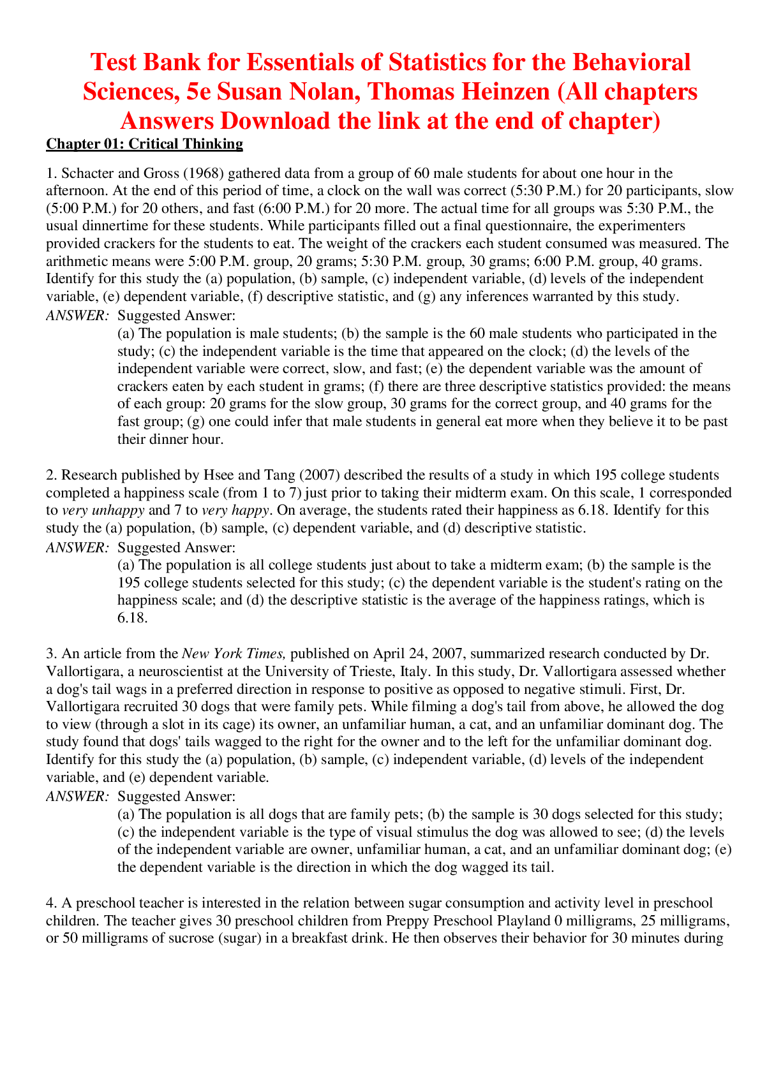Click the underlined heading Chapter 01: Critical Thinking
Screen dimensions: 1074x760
click(144, 144)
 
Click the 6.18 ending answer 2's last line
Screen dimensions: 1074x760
click(132, 617)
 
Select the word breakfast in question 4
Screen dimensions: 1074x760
click(320, 939)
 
